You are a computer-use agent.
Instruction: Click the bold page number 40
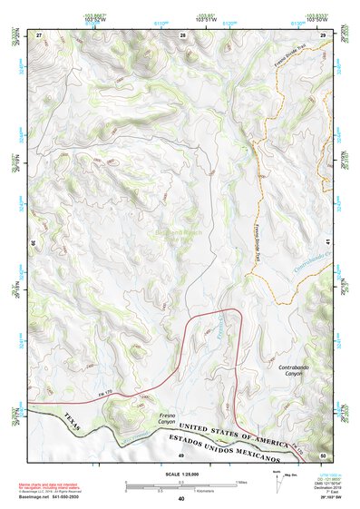pos(180,499)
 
